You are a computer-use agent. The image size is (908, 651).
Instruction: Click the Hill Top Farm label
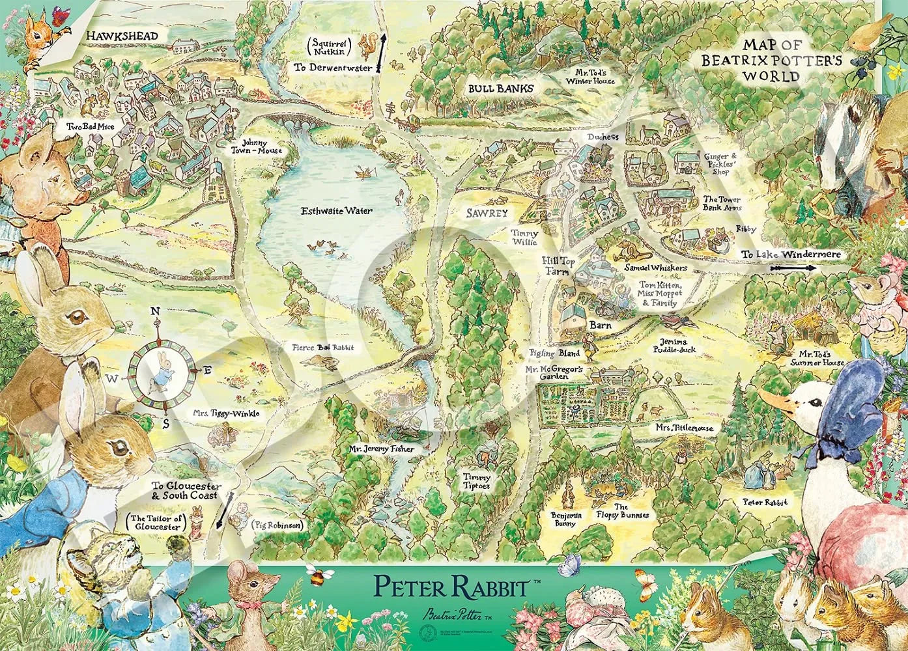[557, 265]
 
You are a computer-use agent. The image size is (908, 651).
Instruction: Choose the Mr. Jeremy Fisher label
[380, 449]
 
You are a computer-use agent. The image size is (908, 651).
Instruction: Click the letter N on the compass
[156, 311]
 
